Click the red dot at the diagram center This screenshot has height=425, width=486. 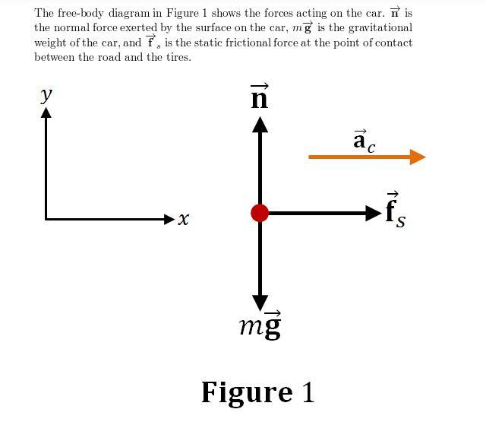pos(260,213)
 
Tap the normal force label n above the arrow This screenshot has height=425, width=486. pos(260,98)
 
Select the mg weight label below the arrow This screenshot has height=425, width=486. pos(260,325)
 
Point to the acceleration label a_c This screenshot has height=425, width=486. pos(364,141)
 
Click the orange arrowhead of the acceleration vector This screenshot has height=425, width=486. pos(417,157)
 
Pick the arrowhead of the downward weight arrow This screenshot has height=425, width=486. pos(260,302)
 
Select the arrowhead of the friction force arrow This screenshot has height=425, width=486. pos(373,213)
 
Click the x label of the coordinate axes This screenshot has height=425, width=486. pos(184,219)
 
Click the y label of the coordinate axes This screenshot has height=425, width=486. pos(46,94)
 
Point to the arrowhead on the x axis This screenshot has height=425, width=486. pos(169,219)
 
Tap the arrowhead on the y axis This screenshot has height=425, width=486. pos(46,113)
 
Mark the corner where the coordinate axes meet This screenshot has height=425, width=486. pos(46,219)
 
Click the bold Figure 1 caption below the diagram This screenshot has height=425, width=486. pos(257,392)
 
